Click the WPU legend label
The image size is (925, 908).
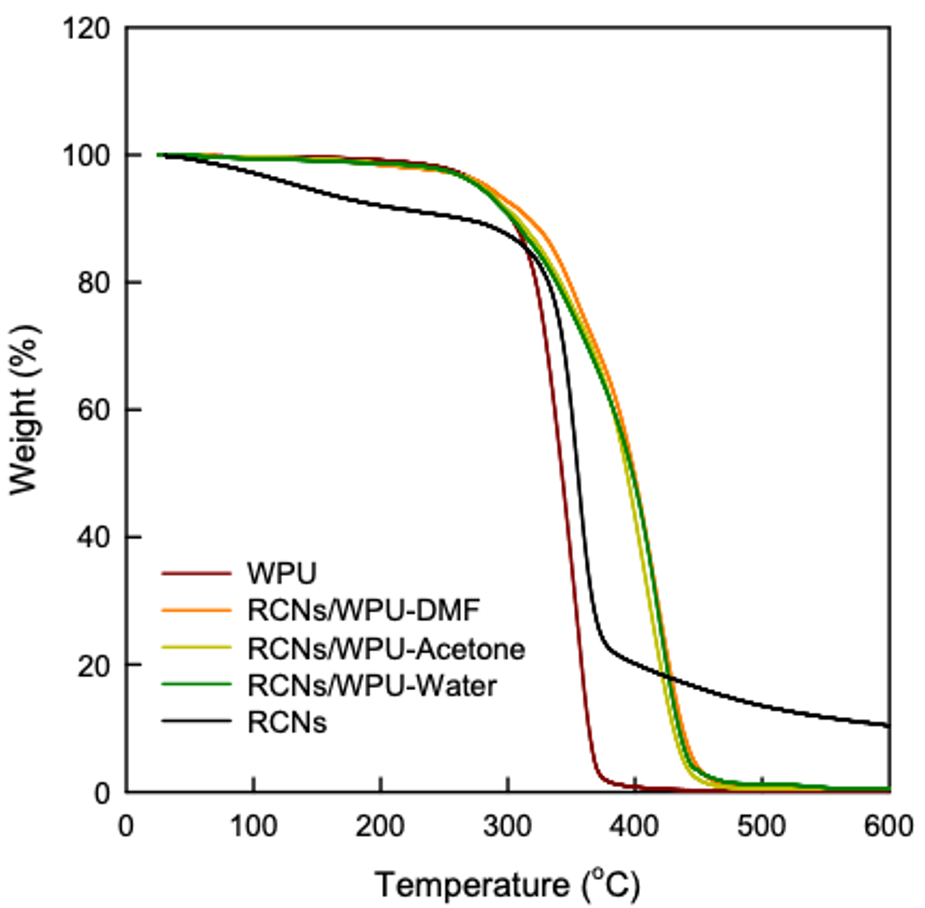[281, 573]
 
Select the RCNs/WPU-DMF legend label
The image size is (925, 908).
[363, 611]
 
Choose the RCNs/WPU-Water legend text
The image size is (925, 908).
[372, 686]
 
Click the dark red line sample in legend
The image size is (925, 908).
[197, 573]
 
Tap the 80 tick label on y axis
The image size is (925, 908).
[94, 283]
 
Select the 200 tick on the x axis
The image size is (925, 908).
[380, 826]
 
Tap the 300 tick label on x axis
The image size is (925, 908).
[507, 826]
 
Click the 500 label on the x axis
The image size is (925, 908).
[761, 826]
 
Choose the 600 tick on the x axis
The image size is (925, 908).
[888, 826]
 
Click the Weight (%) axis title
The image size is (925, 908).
[24, 410]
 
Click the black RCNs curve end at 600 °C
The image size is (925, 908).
[888, 726]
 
